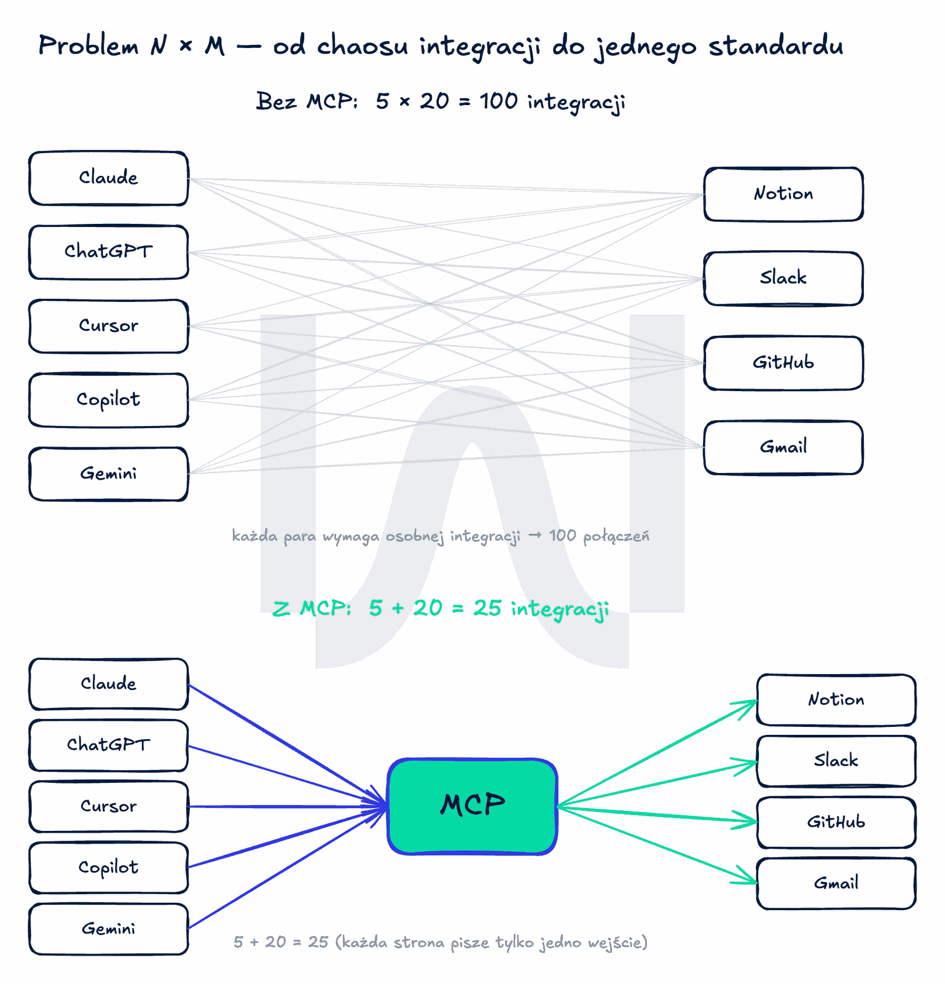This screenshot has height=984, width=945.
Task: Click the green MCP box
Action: (x=472, y=806)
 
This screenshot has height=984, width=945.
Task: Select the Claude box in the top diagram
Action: (x=109, y=178)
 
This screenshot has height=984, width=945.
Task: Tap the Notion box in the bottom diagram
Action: (x=836, y=700)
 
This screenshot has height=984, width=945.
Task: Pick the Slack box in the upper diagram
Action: (x=783, y=279)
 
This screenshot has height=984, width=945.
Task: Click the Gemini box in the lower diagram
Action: (x=109, y=929)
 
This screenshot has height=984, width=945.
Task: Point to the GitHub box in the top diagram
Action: (x=783, y=363)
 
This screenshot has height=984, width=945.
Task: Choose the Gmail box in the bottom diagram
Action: (x=836, y=883)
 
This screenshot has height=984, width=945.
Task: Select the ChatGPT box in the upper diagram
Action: (x=109, y=252)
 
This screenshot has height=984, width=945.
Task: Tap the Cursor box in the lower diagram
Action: (x=109, y=806)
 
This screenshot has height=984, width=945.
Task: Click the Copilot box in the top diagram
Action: (x=109, y=400)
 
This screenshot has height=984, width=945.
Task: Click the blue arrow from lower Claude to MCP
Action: (x=288, y=745)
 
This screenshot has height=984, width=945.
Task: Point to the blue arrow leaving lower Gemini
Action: (x=288, y=868)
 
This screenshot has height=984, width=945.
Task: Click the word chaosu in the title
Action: (x=363, y=46)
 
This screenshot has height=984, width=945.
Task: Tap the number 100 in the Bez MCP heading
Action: (x=498, y=101)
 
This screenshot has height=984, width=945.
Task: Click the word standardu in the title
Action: (x=776, y=46)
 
